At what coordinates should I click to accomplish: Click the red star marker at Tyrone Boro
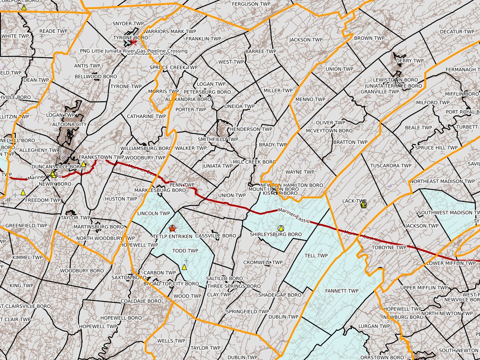(134, 41)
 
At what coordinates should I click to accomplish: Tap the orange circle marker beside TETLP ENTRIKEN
(172, 228)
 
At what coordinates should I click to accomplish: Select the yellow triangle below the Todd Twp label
(184, 267)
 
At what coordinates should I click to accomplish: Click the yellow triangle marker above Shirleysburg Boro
(281, 228)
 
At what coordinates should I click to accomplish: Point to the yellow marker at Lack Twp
(363, 204)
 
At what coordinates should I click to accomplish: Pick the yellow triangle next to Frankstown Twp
(84, 164)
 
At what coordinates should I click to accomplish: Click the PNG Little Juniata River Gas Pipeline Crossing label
(134, 51)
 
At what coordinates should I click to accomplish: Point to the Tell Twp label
(316, 256)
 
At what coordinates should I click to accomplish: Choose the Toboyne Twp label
(389, 248)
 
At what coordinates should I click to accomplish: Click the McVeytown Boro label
(329, 131)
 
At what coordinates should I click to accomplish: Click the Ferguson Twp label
(251, 4)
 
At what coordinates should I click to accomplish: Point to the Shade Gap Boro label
(280, 295)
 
